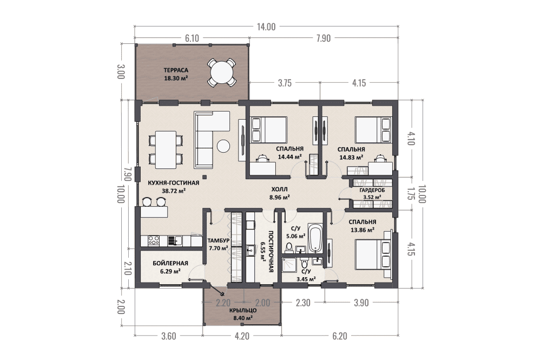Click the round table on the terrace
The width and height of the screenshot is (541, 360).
(221, 73)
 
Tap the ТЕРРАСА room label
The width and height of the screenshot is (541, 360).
(176, 70)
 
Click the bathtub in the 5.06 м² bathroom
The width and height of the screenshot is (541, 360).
(315, 239)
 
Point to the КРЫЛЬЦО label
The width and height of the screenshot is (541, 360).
(243, 310)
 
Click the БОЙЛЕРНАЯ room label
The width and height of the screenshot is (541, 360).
(170, 263)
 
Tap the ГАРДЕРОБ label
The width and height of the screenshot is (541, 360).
(372, 190)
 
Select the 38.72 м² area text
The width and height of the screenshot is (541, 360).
(174, 190)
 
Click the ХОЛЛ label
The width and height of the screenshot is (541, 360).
(279, 189)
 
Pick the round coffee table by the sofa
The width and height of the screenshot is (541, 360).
(223, 146)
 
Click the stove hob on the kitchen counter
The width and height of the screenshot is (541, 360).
(154, 240)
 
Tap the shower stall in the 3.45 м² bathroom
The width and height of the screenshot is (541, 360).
(289, 265)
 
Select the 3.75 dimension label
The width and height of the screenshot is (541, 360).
(285, 83)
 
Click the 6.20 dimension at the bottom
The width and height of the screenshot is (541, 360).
(340, 336)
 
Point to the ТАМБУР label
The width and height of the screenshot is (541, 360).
(219, 240)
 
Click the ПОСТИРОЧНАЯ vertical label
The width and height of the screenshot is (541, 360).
(271, 252)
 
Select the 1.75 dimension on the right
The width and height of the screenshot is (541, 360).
(410, 194)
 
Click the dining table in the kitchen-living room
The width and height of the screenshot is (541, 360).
(166, 150)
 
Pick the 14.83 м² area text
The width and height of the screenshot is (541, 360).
(351, 157)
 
